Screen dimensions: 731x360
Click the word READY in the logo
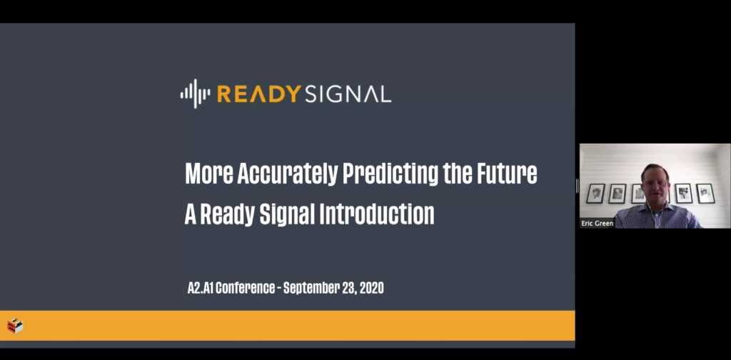click(x=258, y=94)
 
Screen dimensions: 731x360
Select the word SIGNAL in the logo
click(x=348, y=94)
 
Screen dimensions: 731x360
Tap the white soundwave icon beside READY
click(x=195, y=94)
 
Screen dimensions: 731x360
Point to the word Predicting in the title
click(x=390, y=174)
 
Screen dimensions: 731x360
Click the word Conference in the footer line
click(x=246, y=288)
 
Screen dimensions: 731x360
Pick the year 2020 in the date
click(x=371, y=288)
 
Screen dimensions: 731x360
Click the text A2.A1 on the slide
click(x=200, y=288)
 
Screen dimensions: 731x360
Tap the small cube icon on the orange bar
click(x=15, y=326)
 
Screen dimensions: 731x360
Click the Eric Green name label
click(x=598, y=224)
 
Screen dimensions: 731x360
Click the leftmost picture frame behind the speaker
click(x=595, y=193)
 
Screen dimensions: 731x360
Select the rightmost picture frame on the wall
click(x=705, y=193)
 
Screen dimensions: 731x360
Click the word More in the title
click(x=209, y=174)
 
